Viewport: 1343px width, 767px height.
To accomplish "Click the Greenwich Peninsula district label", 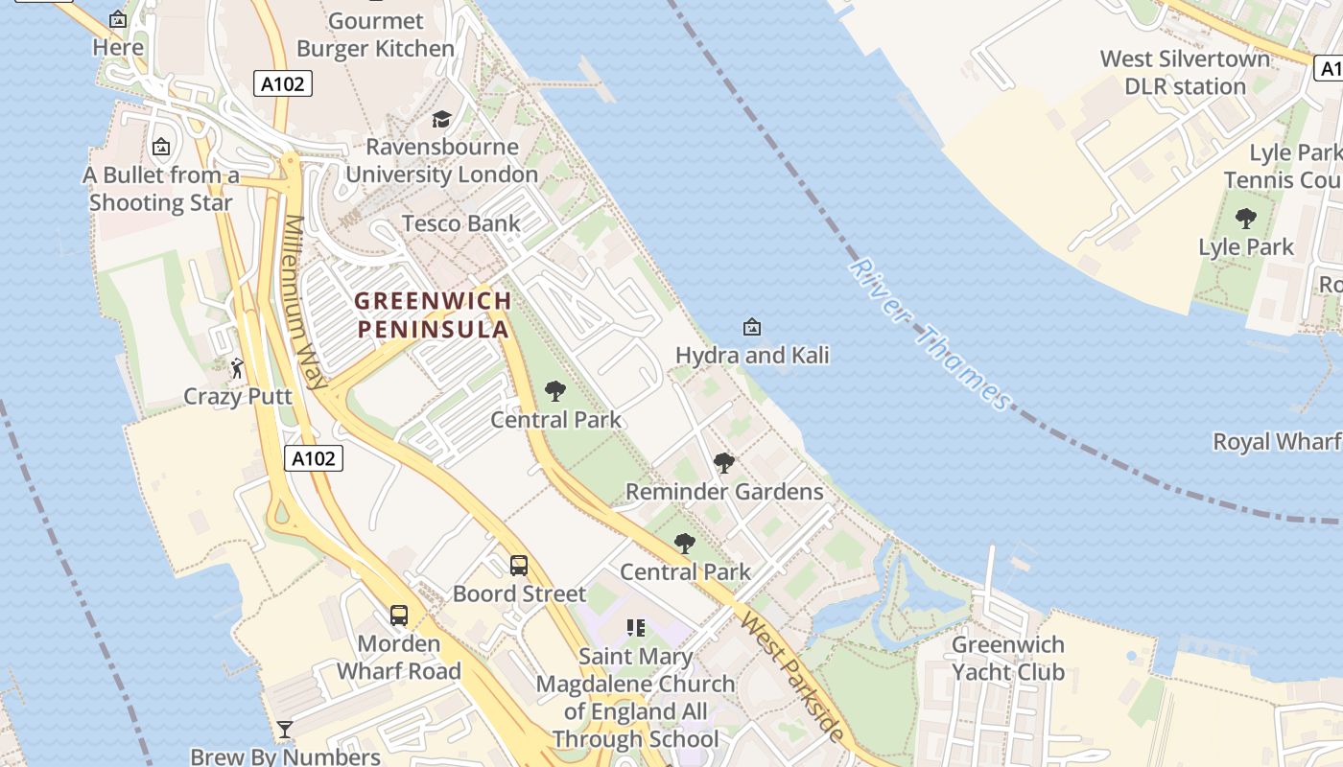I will (432, 314).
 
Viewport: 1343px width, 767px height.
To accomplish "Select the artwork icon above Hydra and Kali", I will (752, 328).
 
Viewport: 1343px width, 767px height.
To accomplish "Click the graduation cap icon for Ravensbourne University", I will (441, 119).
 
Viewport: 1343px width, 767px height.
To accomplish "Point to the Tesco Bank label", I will (460, 223).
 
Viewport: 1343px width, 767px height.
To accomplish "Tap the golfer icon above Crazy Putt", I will (237, 367).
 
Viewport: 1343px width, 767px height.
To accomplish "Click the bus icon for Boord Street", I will (519, 565).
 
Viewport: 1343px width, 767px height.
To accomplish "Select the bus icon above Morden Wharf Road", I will (399, 615).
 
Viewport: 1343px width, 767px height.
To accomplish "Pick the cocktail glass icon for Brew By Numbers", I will (285, 730).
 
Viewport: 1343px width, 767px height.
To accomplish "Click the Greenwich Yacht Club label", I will (1007, 658).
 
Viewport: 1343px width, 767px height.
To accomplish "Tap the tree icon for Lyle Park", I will (1246, 219).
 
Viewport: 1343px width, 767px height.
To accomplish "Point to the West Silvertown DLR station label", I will (1185, 72).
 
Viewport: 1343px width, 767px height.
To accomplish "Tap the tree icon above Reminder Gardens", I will (724, 463).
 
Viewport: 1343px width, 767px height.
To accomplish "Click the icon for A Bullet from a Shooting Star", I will (161, 147).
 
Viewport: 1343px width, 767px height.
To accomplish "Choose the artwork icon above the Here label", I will (118, 18).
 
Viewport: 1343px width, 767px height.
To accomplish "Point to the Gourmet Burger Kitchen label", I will (375, 35).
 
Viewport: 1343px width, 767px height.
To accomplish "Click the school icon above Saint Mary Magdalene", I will (635, 628).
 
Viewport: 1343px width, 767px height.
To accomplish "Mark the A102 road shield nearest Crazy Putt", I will (315, 458).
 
